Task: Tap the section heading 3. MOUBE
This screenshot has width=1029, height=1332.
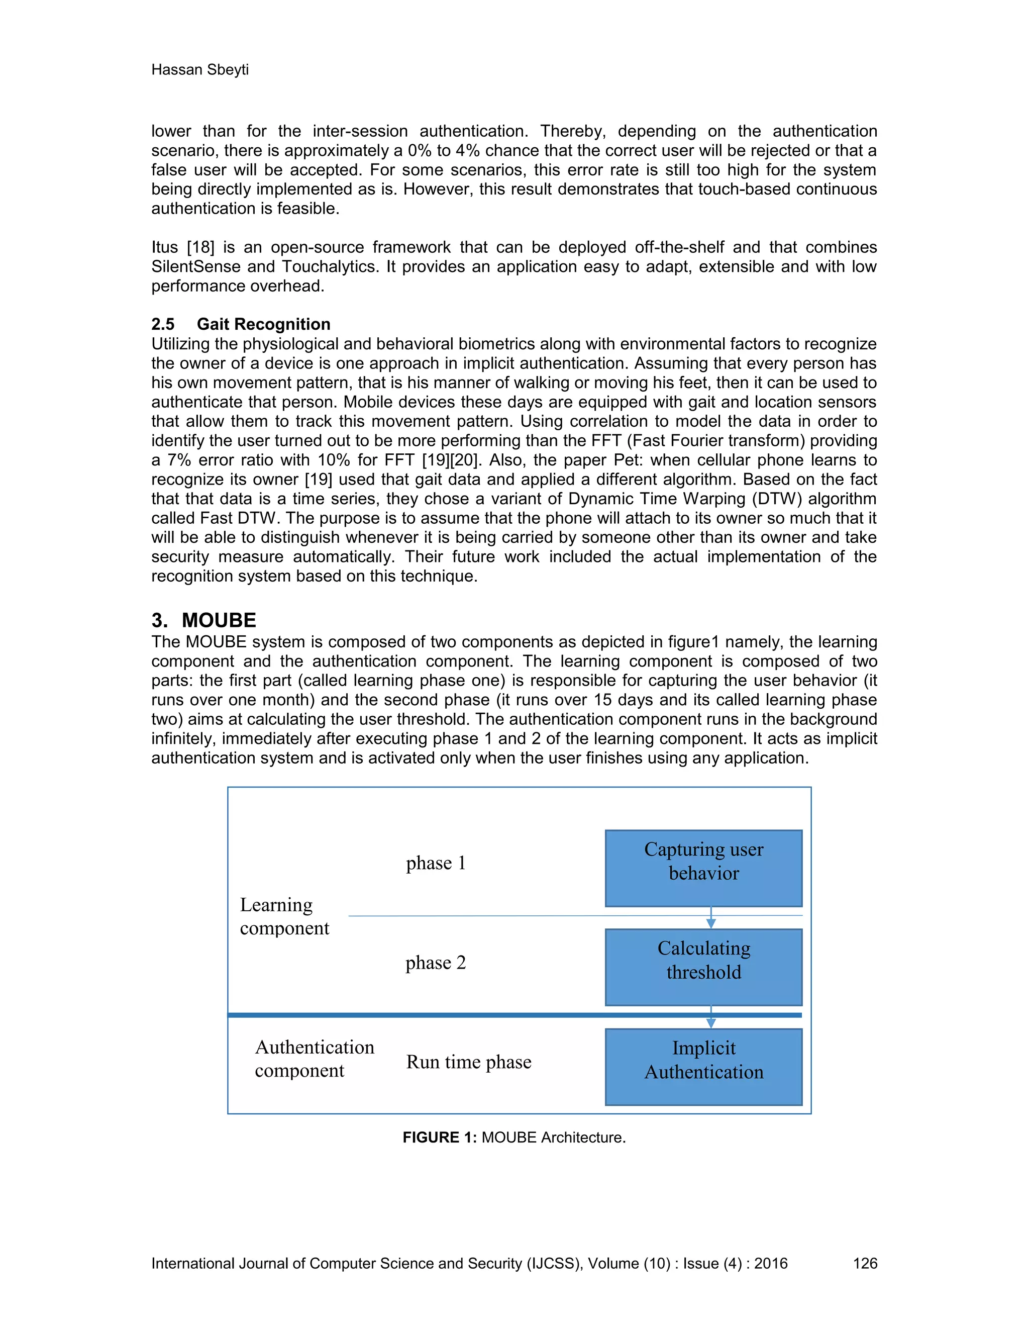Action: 203,620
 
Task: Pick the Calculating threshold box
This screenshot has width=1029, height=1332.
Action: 703,967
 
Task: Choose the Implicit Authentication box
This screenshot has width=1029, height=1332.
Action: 703,1066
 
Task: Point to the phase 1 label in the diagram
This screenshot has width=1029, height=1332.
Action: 436,863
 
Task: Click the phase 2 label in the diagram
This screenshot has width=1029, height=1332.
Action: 435,963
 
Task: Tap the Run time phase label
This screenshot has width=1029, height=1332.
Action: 469,1062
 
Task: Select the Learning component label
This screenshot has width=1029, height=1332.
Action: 284,916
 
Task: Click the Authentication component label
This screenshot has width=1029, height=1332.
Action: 314,1058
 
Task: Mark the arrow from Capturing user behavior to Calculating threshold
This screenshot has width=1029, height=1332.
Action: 711,918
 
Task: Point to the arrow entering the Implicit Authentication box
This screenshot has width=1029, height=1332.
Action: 711,1018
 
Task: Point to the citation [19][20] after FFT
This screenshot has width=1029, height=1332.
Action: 448,460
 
